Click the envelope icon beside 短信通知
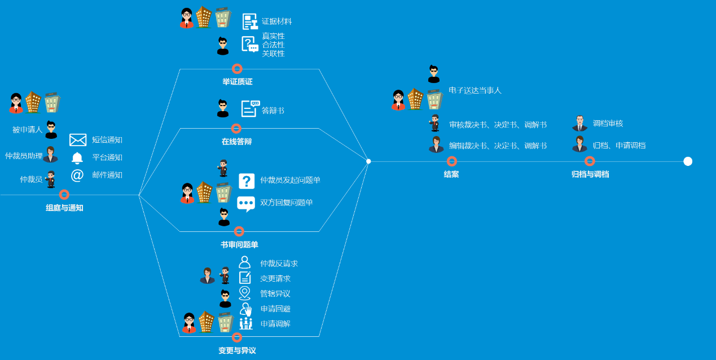click(78, 140)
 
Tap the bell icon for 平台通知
click(77, 157)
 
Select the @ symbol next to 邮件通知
click(77, 175)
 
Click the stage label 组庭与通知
click(64, 208)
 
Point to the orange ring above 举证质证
click(237, 69)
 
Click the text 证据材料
click(276, 21)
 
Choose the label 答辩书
click(273, 111)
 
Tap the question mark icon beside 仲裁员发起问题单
click(247, 181)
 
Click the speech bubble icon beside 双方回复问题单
click(246, 203)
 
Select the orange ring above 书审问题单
click(239, 231)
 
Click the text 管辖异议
click(275, 293)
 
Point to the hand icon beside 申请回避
click(245, 309)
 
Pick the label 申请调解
click(275, 324)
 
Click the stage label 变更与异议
click(237, 350)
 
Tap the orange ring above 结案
click(451, 161)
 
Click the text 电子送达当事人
click(475, 90)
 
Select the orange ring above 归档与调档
click(590, 161)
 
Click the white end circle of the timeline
click(688, 161)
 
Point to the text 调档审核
click(608, 123)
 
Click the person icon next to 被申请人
click(51, 130)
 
